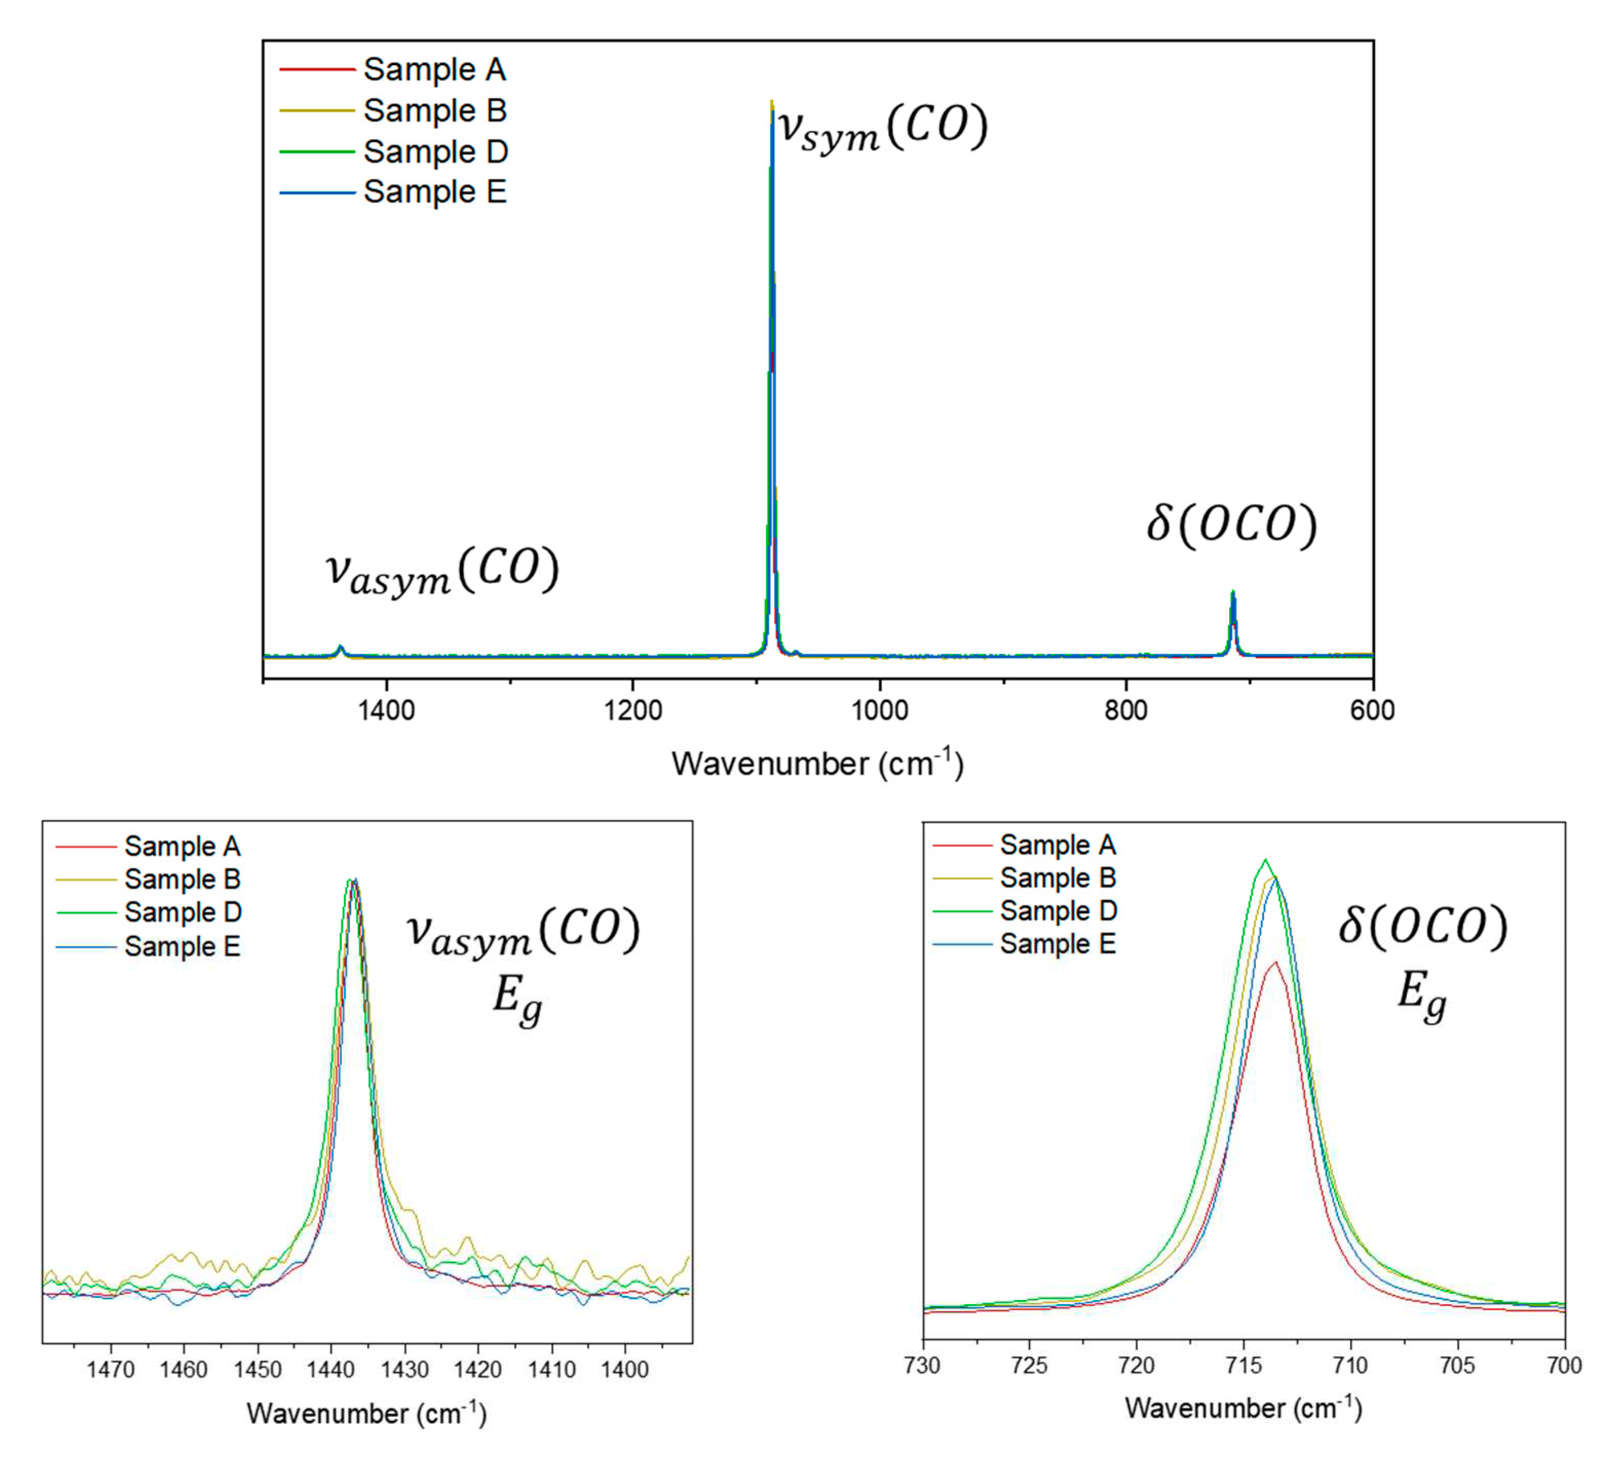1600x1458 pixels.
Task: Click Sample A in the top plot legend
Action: click(434, 70)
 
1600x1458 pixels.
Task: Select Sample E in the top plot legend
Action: click(434, 192)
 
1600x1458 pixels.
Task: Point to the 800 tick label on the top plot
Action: click(1126, 710)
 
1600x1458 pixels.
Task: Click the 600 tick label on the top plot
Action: click(1372, 710)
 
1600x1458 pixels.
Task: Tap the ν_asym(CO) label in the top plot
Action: click(442, 571)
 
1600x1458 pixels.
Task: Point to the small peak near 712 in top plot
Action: click(1232, 593)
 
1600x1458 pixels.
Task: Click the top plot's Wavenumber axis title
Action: click(817, 764)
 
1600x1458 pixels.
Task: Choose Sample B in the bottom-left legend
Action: click(182, 879)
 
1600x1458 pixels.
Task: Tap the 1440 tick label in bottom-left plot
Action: click(331, 1369)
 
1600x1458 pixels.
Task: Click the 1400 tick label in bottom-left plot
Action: click(625, 1369)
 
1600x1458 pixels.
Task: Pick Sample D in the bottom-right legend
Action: click(1058, 910)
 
